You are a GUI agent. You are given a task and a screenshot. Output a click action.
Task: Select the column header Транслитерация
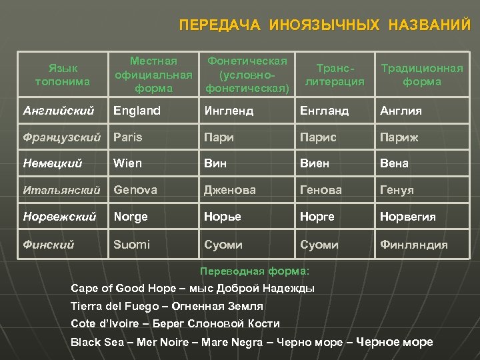[x=335, y=75]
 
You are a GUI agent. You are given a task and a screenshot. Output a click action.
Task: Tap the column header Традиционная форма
[x=421, y=75]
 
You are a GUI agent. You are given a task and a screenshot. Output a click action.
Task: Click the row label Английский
[x=58, y=111]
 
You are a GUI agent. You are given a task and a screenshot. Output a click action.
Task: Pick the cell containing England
[x=137, y=111]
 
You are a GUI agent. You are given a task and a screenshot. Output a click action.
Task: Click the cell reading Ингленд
[x=229, y=111]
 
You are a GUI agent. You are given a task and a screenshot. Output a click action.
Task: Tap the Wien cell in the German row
[x=128, y=163]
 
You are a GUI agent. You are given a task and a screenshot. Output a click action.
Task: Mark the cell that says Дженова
[x=230, y=190]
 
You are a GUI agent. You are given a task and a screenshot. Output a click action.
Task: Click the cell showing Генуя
[x=397, y=190]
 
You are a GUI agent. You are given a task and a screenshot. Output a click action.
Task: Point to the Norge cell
[x=131, y=217]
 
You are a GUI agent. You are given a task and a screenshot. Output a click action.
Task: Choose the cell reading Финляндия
[x=413, y=245]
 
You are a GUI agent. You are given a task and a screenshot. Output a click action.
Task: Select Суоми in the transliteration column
[x=319, y=245]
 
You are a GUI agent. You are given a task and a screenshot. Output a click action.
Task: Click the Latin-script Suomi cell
[x=132, y=245]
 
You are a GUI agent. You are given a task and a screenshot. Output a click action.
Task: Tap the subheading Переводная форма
[x=255, y=271]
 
